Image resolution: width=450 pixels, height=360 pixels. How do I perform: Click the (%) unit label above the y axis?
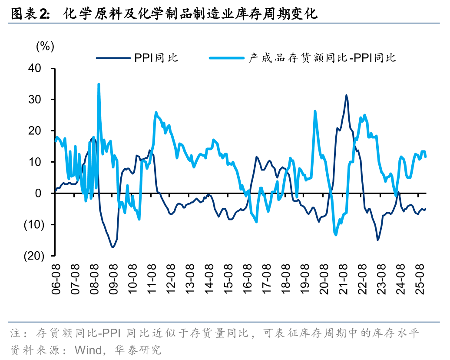[x=45, y=47]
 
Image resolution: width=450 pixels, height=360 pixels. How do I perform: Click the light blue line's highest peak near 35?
[x=99, y=84]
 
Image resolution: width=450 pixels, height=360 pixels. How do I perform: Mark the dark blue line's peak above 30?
[x=346, y=95]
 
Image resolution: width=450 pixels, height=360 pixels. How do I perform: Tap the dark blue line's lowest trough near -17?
[x=113, y=247]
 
